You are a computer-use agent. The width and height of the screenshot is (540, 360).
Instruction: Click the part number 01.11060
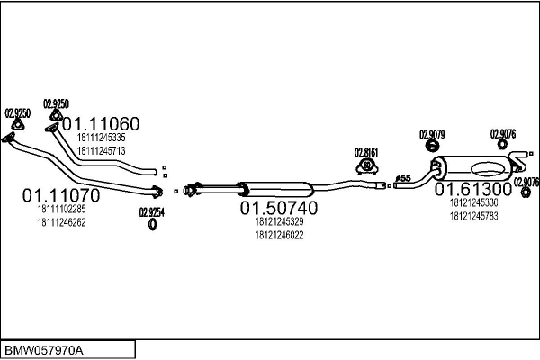tap(101, 124)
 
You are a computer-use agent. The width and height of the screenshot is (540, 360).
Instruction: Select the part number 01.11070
tap(61, 195)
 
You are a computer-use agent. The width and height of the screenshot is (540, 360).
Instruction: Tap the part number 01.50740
tap(279, 208)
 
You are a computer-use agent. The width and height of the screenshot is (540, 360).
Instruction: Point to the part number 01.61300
tap(473, 190)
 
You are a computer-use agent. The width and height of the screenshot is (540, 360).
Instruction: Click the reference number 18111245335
tap(101, 138)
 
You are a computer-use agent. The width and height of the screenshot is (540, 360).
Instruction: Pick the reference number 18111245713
tap(101, 151)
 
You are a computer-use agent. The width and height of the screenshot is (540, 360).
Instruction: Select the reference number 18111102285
tap(61, 209)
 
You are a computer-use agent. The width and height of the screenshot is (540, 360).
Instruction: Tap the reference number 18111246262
tap(61, 223)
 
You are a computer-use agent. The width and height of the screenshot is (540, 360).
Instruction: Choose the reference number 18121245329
tap(279, 222)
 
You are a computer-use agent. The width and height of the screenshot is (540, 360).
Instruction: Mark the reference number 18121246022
tap(279, 235)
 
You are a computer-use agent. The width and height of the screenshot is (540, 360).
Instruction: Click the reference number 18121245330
tap(474, 202)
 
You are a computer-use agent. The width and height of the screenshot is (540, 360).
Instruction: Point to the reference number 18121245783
tap(474, 217)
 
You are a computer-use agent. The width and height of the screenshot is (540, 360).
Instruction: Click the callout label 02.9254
tap(152, 212)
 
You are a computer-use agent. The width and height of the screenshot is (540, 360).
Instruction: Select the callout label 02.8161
tap(366, 153)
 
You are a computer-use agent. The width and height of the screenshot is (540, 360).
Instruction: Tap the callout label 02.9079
tap(432, 135)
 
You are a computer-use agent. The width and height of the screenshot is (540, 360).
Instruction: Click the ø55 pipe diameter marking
tap(403, 178)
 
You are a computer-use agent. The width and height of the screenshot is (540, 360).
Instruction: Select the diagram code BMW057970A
tap(44, 351)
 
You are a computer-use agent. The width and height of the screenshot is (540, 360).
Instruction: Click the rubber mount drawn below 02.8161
tap(367, 166)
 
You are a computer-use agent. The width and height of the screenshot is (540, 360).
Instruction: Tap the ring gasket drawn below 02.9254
tap(152, 225)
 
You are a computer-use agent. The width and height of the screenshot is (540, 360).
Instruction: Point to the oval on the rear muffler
tap(489, 169)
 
